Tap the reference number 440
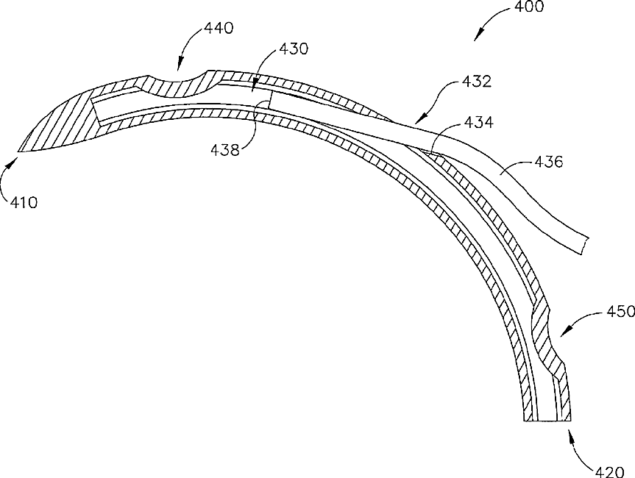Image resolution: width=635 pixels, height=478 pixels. point(219,29)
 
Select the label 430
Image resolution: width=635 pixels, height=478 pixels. point(295,49)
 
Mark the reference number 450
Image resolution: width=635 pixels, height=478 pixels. point(620,312)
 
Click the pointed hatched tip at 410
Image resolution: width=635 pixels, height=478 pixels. point(20,149)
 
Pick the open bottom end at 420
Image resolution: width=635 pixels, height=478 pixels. point(547,421)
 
